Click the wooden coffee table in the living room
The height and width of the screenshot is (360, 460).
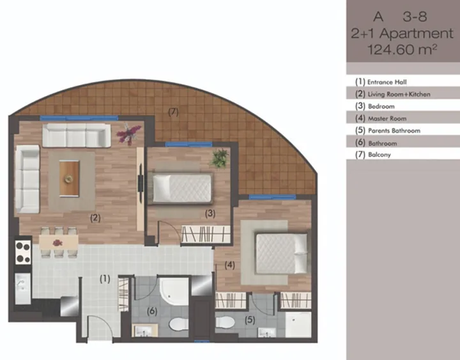coord(69,178)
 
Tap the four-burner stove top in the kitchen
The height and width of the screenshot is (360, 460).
coord(23,252)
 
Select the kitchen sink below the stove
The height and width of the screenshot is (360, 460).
coord(22,288)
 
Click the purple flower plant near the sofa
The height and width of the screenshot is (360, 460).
coord(128,134)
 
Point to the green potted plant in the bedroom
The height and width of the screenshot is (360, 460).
coord(220,159)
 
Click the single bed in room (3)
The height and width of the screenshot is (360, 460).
coord(180,188)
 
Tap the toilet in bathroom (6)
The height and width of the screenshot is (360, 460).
coord(179,325)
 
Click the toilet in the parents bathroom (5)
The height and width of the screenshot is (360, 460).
coord(225,322)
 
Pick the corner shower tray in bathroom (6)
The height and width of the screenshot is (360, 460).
coord(173,292)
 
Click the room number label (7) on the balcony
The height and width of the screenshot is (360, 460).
coord(173,112)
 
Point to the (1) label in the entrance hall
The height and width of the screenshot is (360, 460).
coord(105,279)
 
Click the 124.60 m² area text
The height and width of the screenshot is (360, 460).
coord(402,49)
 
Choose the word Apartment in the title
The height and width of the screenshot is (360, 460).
coord(417,33)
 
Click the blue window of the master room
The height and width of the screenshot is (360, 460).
coord(272,197)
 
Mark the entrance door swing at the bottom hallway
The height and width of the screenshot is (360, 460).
coord(100,327)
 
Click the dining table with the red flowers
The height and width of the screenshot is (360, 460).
coord(59,243)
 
